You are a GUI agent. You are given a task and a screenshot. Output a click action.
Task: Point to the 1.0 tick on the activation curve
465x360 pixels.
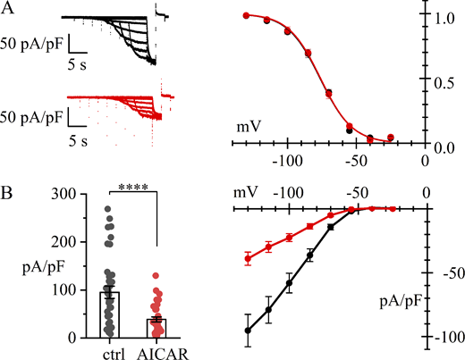tap(444, 17)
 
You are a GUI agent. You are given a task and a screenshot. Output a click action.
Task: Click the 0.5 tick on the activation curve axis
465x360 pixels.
tap(444, 82)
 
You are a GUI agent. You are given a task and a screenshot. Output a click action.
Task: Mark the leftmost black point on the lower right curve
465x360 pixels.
tap(248, 331)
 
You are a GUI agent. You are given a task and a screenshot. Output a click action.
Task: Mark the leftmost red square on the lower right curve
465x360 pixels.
tap(248, 259)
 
